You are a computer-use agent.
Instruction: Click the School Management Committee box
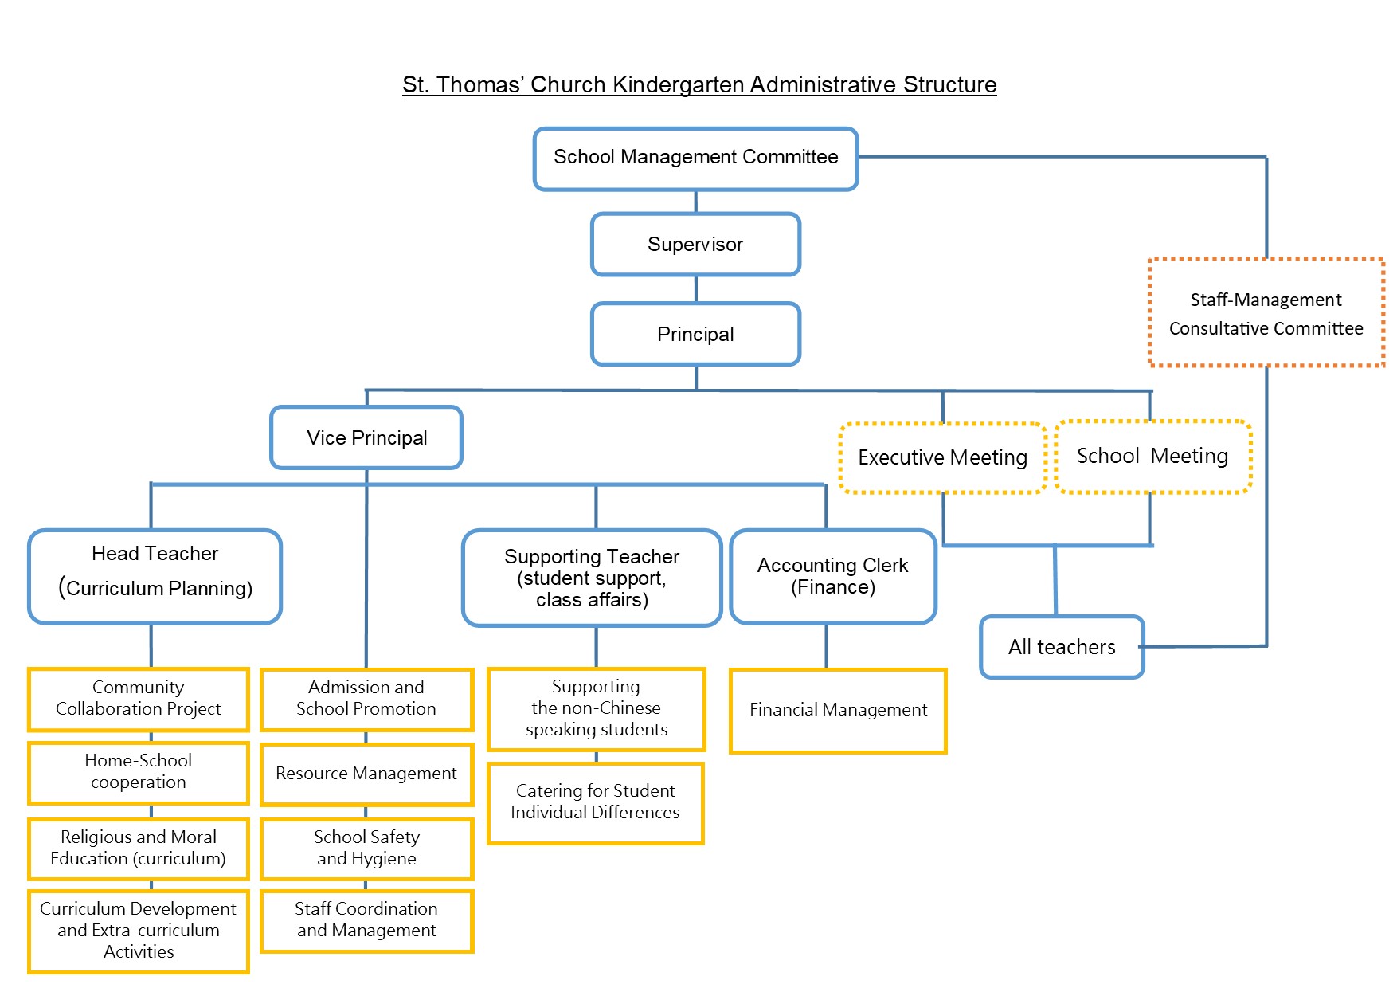(695, 159)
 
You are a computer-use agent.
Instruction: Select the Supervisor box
(695, 244)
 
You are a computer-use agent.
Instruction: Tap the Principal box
(695, 334)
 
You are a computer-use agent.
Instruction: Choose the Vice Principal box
(366, 437)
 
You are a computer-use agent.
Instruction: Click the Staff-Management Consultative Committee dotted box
(1266, 313)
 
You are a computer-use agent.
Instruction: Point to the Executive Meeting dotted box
(942, 457)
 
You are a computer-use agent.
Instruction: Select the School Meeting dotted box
(1152, 456)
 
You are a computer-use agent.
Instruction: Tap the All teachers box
(1062, 647)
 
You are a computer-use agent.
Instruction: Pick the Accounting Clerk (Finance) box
(833, 576)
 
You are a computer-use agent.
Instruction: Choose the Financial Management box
(838, 710)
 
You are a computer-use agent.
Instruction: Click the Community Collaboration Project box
(139, 699)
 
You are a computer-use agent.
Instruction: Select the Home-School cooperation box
(139, 772)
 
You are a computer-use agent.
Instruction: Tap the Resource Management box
(366, 774)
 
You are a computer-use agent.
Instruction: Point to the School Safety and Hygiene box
(366, 849)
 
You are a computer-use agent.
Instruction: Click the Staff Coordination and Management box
(366, 920)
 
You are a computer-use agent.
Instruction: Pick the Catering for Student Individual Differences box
(595, 802)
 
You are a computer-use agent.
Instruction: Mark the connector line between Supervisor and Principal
(696, 289)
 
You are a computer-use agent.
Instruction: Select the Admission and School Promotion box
(366, 699)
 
